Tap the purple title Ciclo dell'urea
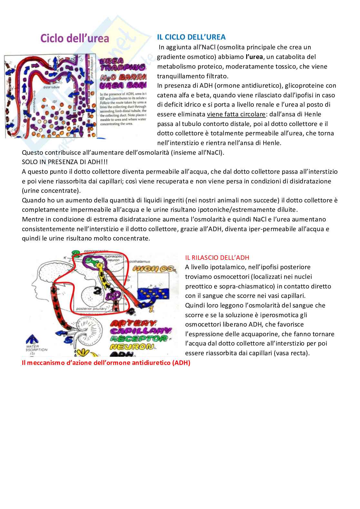pos(75,38)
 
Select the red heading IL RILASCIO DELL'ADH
pos(217,257)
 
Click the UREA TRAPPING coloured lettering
pos(123,65)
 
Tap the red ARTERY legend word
pos(133,323)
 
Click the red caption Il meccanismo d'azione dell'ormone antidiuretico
pos(106,363)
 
